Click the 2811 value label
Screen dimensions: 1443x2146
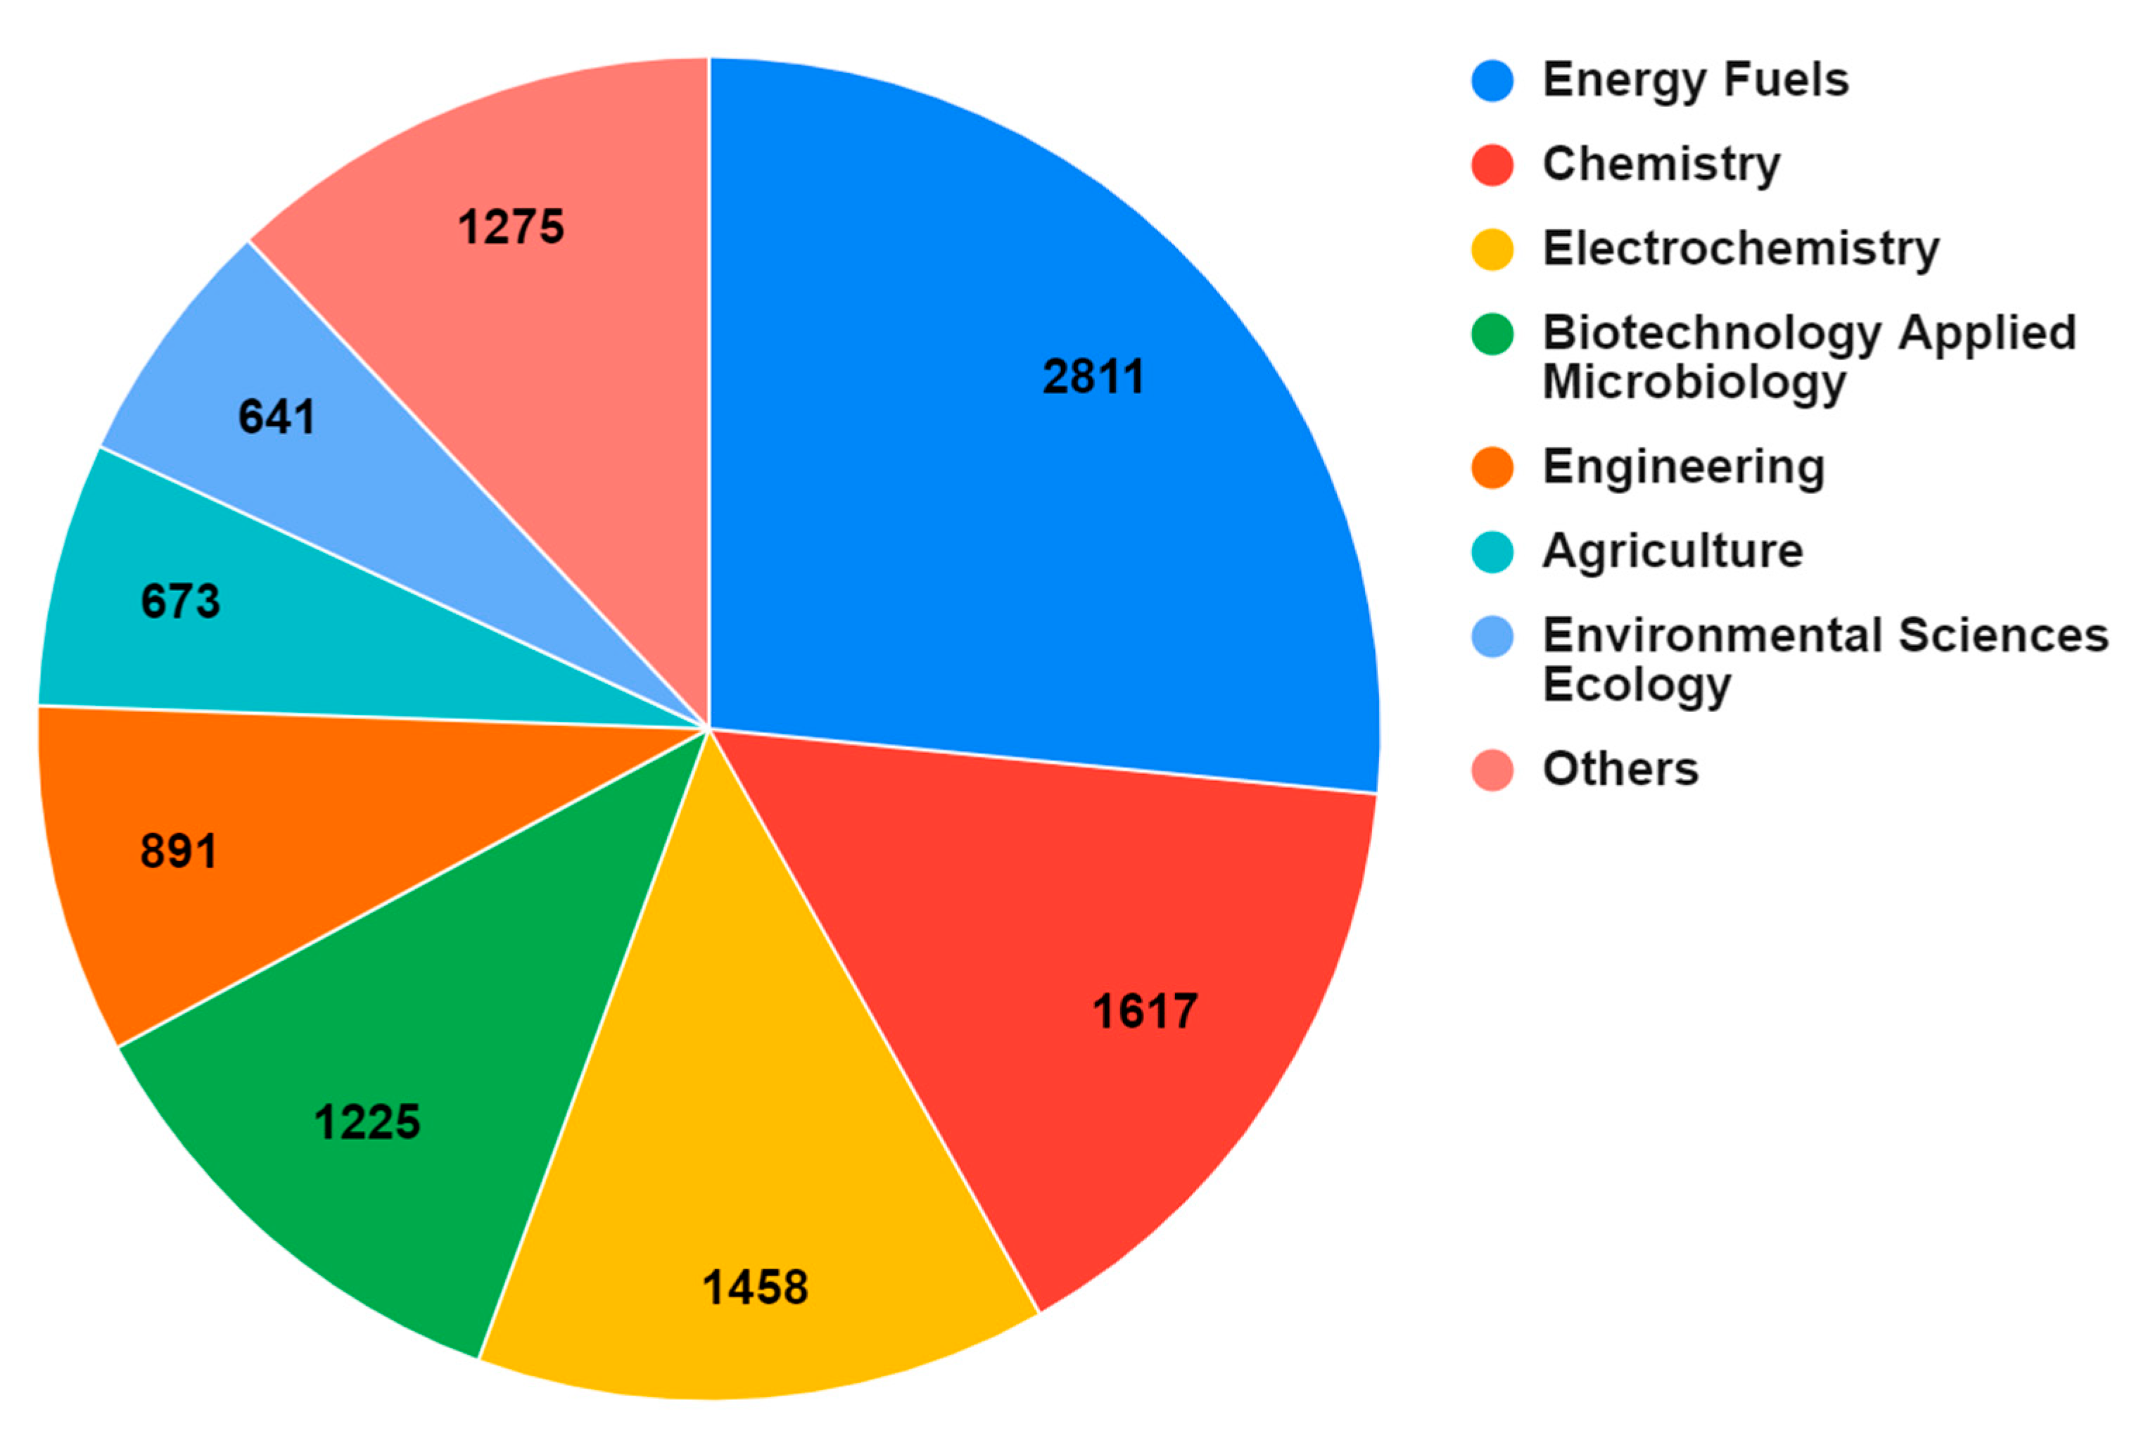(1093, 376)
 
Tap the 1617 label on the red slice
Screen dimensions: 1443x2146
(1145, 1012)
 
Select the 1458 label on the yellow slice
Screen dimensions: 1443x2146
(754, 1287)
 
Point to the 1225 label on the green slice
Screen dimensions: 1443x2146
(367, 1121)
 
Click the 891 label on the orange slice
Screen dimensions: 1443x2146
(179, 851)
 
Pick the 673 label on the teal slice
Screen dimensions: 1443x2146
(180, 601)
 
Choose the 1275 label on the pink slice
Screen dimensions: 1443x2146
(511, 227)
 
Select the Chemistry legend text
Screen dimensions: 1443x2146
(1661, 165)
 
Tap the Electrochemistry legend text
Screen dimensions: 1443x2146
(1740, 249)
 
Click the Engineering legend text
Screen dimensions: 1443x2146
(1683, 466)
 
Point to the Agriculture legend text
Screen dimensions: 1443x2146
(1672, 552)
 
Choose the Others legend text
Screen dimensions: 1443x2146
(1620, 768)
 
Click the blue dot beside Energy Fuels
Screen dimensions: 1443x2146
(1492, 80)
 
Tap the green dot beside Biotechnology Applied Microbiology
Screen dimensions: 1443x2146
(1492, 333)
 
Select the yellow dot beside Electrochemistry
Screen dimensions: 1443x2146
(1492, 249)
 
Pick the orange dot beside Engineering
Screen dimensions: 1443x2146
(1492, 466)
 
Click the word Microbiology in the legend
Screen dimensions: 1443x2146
(1694, 383)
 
